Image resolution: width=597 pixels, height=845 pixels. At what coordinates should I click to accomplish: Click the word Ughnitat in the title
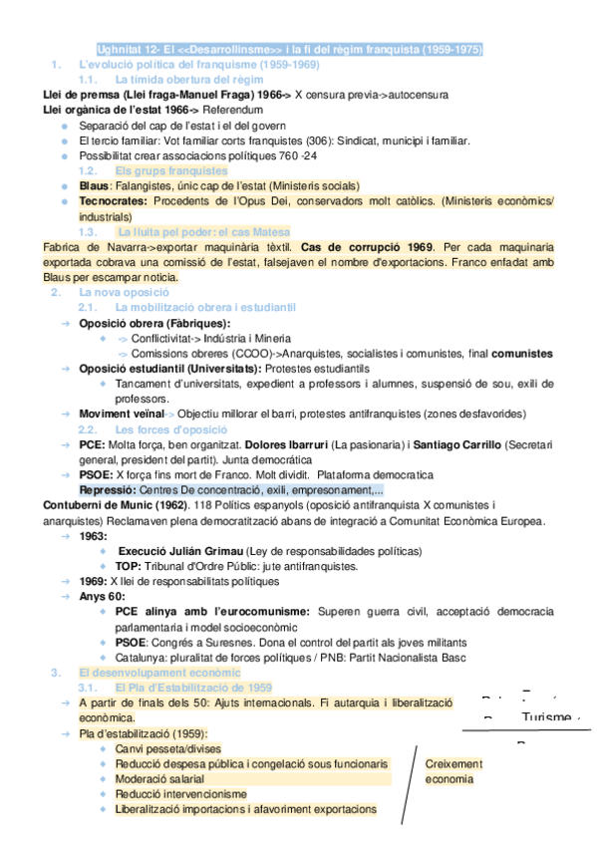pos(119,49)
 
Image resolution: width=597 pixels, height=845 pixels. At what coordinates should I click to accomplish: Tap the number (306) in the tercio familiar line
pos(316,141)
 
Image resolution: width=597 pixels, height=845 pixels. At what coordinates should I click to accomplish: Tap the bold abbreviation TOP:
pos(128,566)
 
